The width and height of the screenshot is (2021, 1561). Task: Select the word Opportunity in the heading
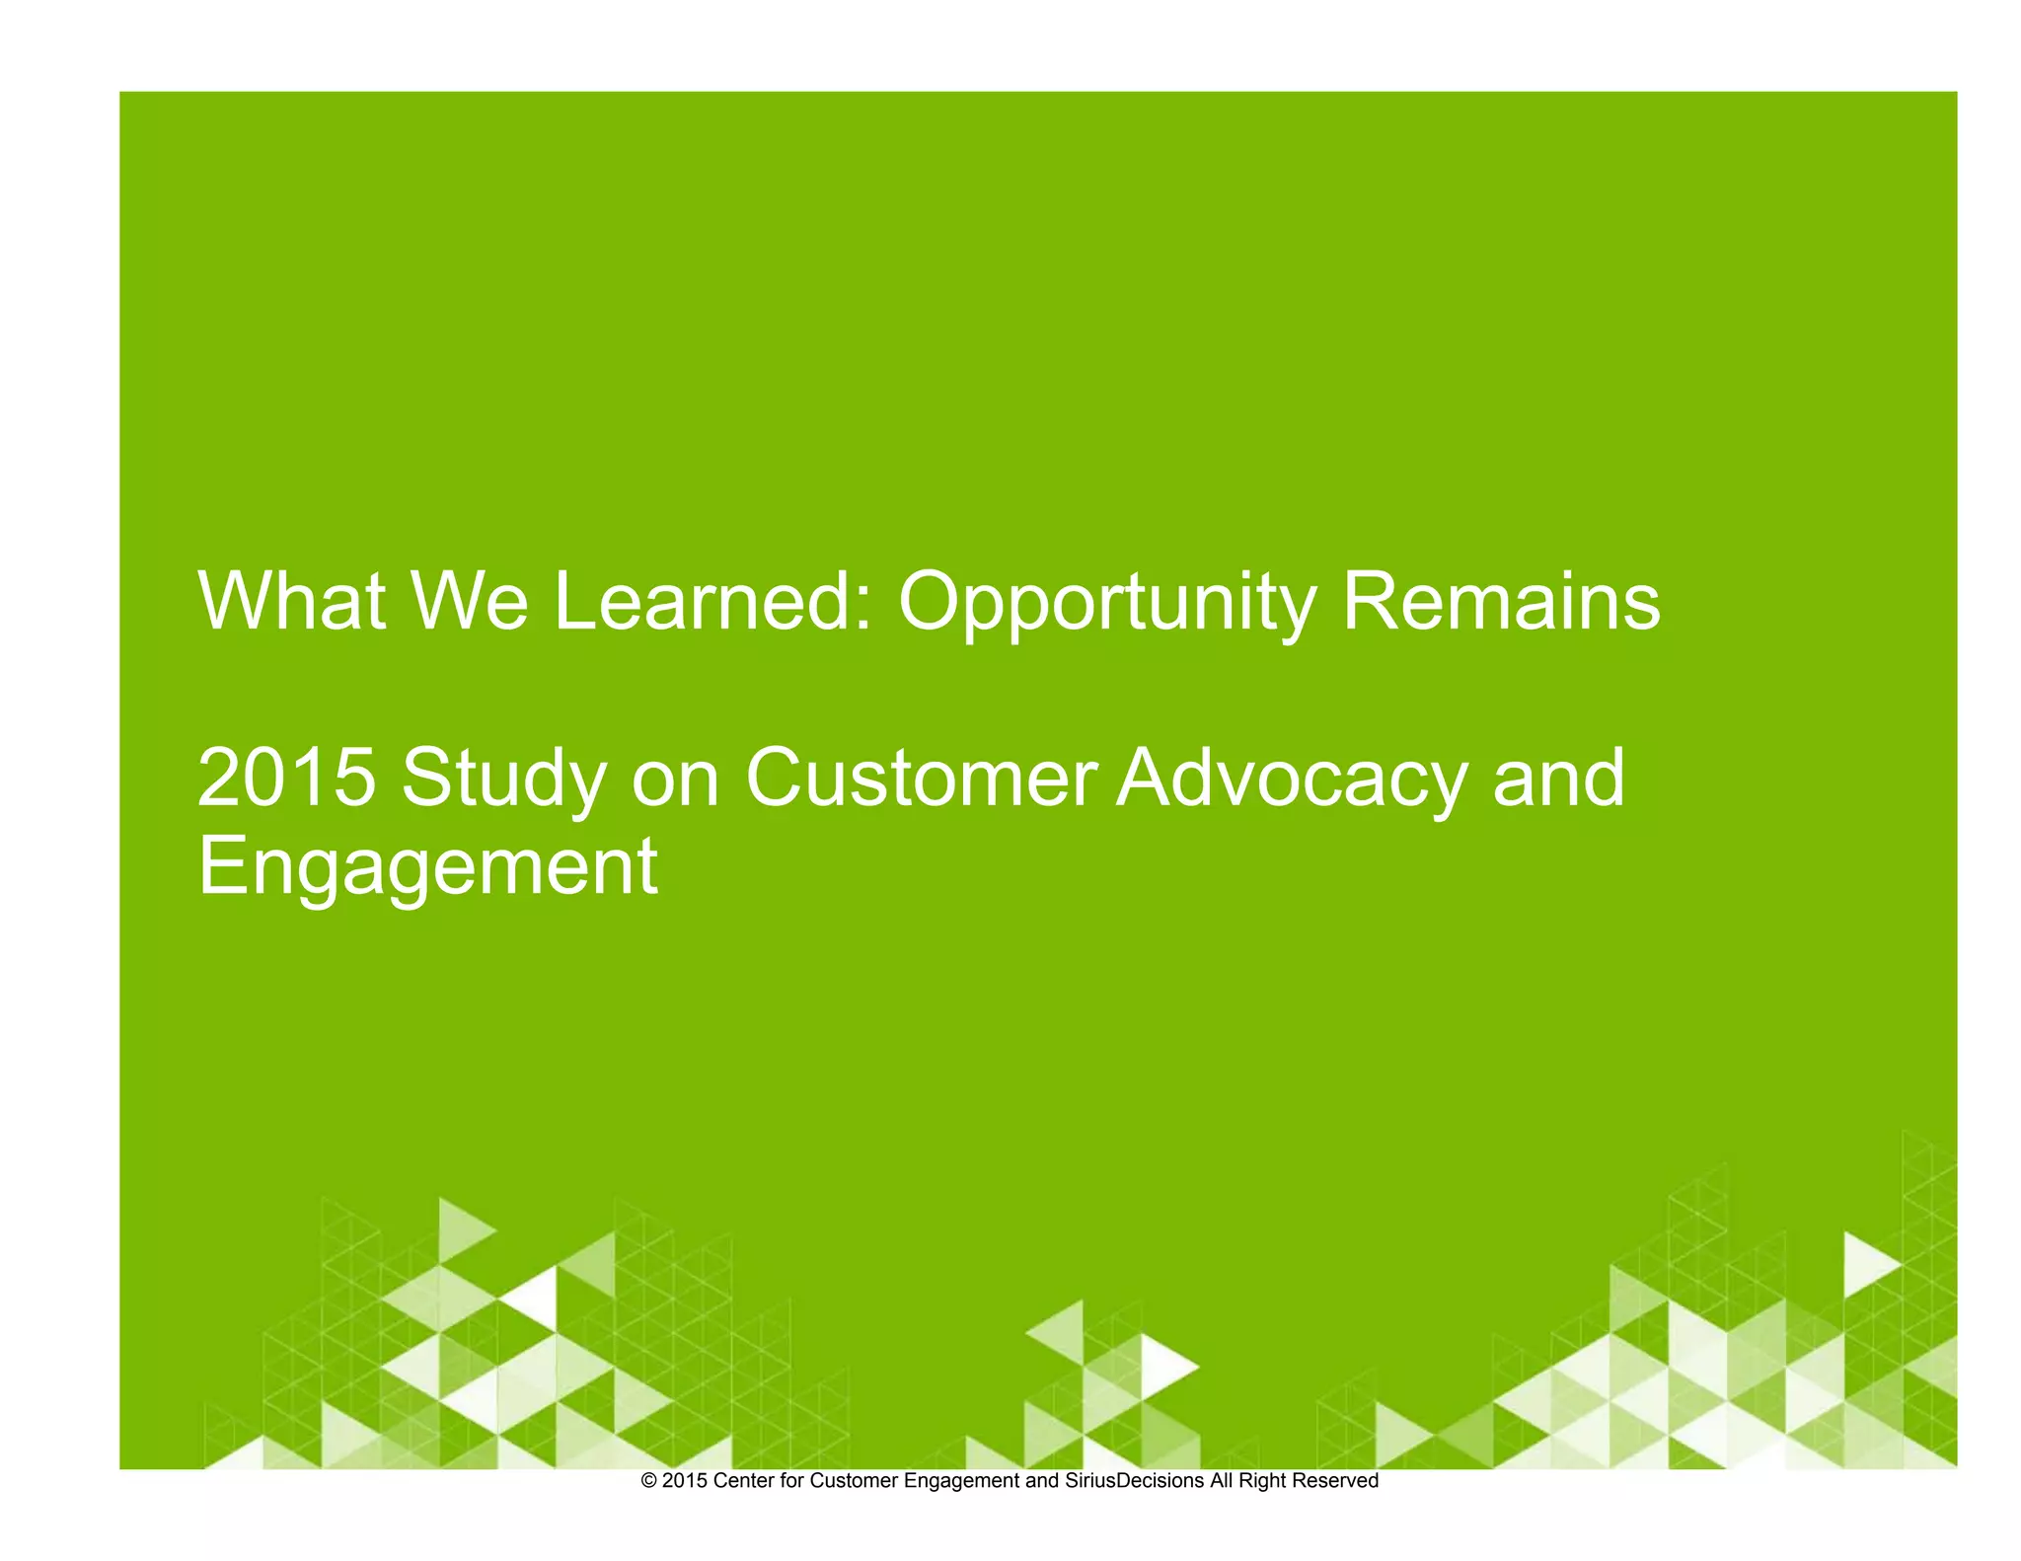coord(1106,604)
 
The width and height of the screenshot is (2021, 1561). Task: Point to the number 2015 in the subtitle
coord(286,778)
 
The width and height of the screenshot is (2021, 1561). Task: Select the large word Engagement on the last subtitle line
coord(427,866)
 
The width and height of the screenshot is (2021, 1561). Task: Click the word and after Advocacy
coord(1558,778)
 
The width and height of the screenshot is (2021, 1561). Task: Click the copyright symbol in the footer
coord(649,1481)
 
